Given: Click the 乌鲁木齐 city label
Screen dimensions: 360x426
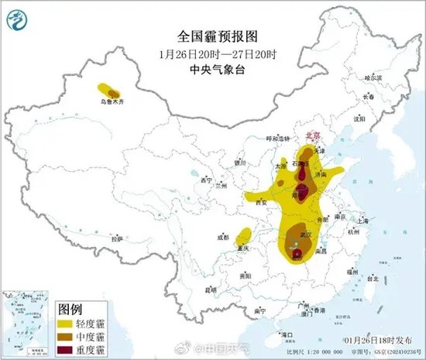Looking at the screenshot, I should [110, 101].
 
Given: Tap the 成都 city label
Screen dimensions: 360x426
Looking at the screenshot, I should [223, 237].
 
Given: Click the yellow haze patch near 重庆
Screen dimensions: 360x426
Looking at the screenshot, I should [244, 236].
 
